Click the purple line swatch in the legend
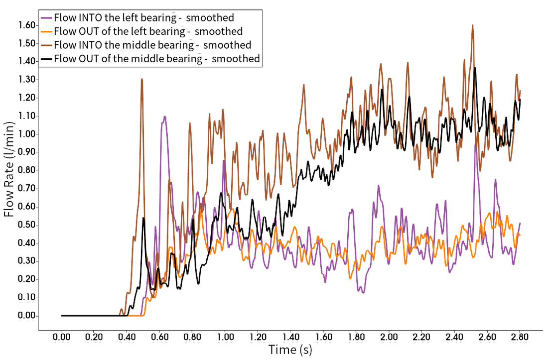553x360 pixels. (x=47, y=18)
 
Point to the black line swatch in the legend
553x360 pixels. (x=47, y=58)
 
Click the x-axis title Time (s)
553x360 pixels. (x=292, y=350)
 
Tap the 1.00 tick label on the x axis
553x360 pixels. (x=226, y=338)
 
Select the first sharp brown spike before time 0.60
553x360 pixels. (x=141, y=78)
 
